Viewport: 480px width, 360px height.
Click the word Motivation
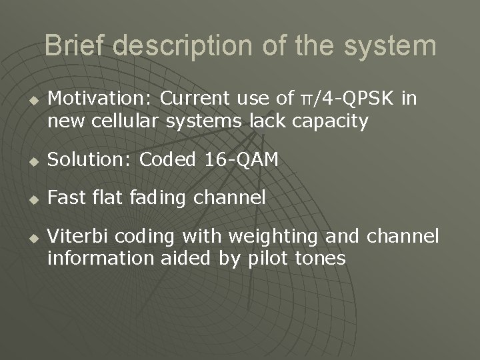(101, 99)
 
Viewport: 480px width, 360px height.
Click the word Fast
(65, 197)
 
